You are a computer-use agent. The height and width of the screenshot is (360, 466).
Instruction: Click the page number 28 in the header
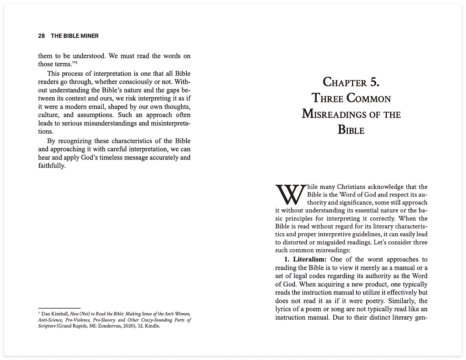tap(42, 36)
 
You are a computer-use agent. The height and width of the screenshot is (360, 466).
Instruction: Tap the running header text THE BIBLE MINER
tap(75, 36)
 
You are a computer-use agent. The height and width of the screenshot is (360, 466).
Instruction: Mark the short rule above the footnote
tap(59, 308)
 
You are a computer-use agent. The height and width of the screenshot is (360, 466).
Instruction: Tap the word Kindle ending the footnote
tap(152, 326)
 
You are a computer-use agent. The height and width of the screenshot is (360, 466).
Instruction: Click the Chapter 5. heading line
tap(351, 82)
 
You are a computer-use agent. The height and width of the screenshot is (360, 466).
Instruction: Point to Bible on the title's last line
tap(351, 130)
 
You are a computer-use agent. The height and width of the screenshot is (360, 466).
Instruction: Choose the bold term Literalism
tap(309, 259)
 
